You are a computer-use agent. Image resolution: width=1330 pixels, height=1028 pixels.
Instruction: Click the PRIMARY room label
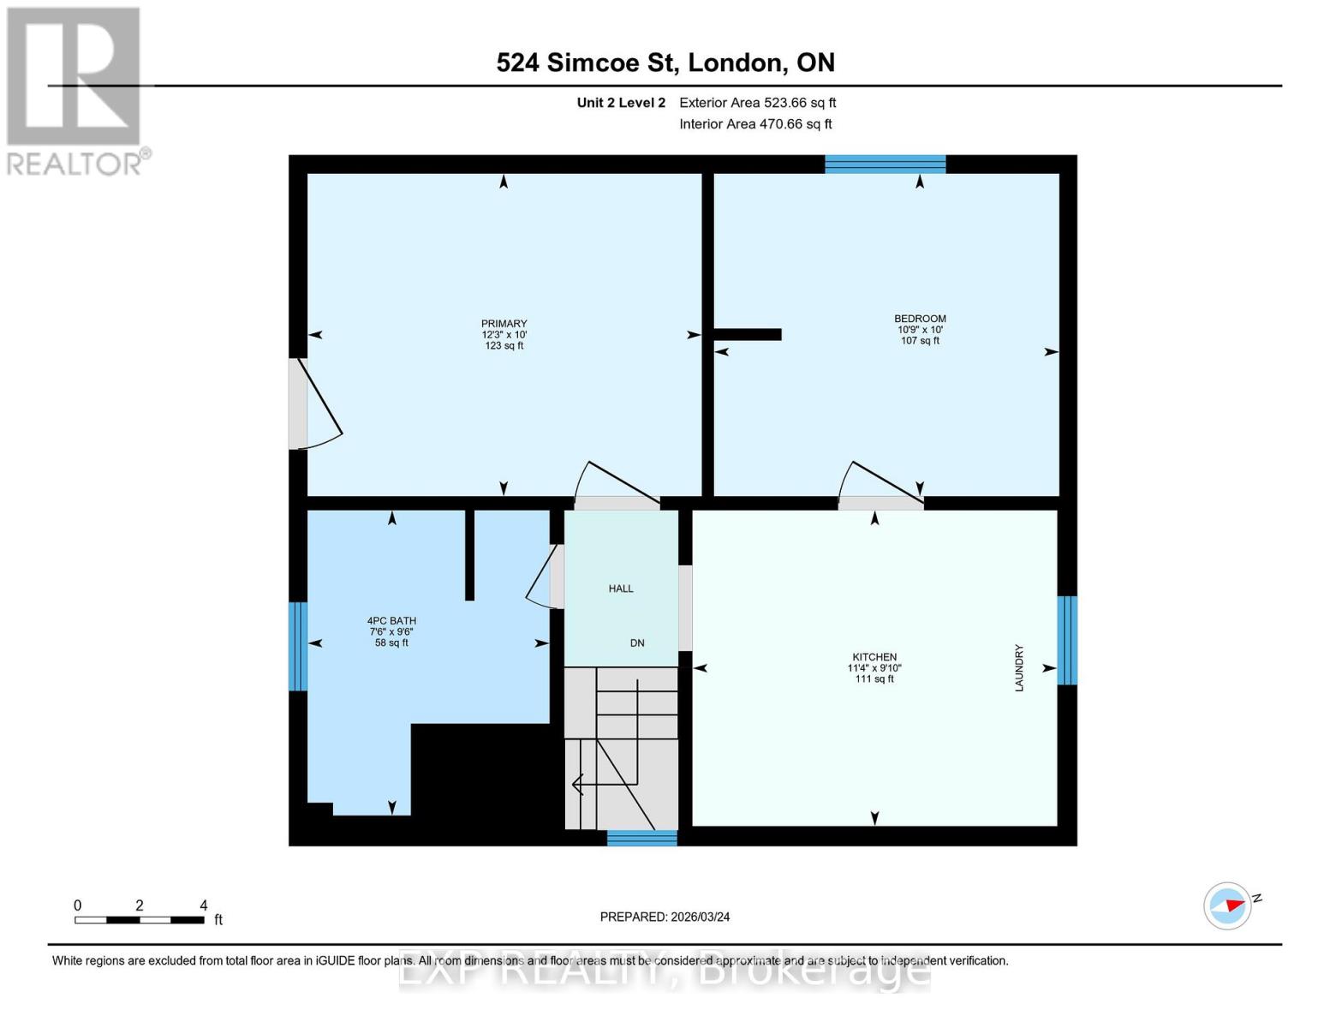click(504, 324)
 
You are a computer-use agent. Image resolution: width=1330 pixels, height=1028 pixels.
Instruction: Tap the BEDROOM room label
click(920, 319)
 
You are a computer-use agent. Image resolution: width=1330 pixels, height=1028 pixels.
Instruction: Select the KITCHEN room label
click(874, 657)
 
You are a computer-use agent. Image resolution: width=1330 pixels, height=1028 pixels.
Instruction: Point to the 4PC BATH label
click(391, 621)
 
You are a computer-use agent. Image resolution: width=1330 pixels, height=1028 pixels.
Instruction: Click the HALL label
click(621, 589)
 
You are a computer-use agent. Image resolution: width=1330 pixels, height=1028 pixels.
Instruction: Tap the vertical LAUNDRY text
click(1019, 668)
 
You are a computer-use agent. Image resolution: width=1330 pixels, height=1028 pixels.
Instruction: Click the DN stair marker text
click(637, 643)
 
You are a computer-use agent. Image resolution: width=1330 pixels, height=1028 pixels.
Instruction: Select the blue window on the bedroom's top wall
click(885, 164)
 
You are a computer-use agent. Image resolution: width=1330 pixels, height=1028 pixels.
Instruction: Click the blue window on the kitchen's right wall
click(1066, 641)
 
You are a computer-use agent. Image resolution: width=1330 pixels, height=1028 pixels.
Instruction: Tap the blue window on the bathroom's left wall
click(297, 646)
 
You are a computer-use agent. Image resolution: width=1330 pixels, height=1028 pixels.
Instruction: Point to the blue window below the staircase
click(641, 838)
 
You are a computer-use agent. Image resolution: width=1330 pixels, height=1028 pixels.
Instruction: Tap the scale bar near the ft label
click(139, 920)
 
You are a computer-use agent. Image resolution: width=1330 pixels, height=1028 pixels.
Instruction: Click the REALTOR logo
click(75, 91)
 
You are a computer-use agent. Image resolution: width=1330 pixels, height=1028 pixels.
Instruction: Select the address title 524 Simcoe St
click(665, 63)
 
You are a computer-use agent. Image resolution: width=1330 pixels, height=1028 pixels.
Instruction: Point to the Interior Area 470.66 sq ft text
click(755, 124)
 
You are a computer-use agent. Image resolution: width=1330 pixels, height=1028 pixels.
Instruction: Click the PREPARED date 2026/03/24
click(665, 917)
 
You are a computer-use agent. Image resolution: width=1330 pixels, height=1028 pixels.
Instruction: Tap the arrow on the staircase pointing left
click(579, 784)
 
